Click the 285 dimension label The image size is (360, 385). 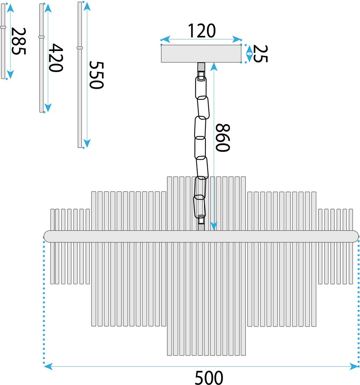point(18,41)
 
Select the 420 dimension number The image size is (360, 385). point(56,58)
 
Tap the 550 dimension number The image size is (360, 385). point(97,75)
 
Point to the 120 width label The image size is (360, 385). point(202,31)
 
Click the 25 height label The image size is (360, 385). point(260,54)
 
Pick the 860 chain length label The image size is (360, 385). point(223,138)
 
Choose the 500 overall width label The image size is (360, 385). point(209,377)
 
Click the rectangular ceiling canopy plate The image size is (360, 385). point(201,54)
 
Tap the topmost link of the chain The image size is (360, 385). point(201,88)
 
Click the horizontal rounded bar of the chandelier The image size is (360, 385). point(201,236)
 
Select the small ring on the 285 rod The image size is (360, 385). point(3,27)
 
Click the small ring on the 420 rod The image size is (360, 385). point(41,37)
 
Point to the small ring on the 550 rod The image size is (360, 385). point(80,48)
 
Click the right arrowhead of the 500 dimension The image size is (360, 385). point(354,367)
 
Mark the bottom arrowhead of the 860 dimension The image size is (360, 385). point(214,226)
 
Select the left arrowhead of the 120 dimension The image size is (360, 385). point(165,39)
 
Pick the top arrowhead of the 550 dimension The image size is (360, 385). point(87,7)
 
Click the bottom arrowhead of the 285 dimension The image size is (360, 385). point(10,74)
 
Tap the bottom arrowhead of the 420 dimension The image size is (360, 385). point(48,108)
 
